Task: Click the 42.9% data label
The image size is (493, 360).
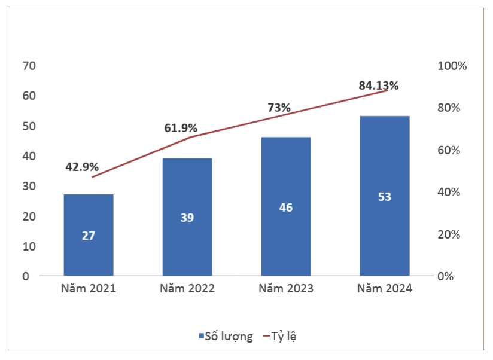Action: (82, 167)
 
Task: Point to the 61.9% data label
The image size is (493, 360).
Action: (181, 128)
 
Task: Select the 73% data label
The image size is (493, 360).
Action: (279, 108)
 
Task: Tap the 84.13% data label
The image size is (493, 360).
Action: (379, 86)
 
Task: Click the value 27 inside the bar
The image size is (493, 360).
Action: (89, 236)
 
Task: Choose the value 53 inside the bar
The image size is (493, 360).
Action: (385, 197)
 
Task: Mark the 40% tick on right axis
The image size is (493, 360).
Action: (449, 193)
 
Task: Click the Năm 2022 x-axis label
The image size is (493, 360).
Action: (187, 289)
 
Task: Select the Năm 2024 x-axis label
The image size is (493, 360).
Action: (385, 289)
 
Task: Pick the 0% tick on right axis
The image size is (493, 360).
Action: (446, 277)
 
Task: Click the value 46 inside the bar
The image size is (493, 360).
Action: (286, 208)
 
